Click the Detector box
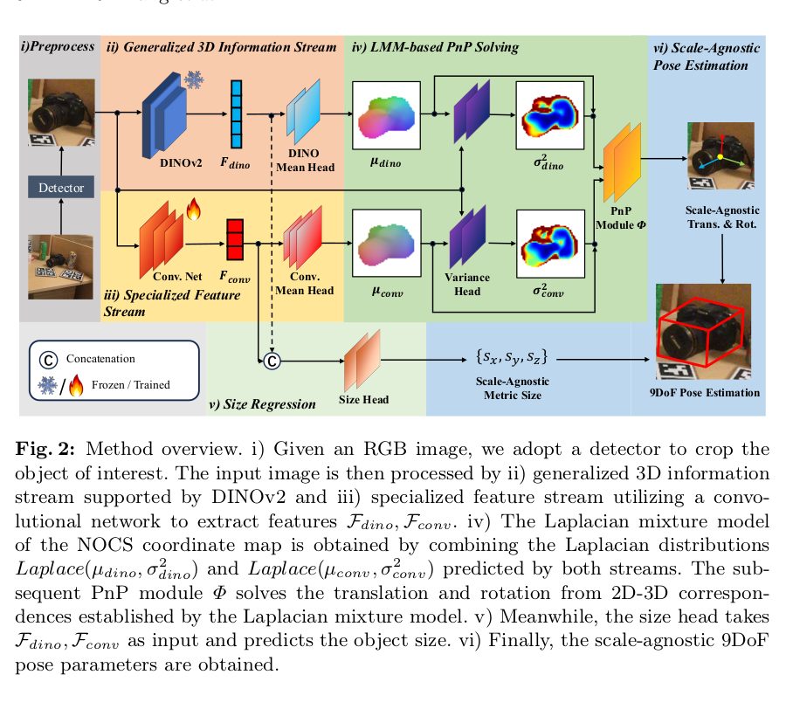point(61,188)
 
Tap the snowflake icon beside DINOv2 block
point(194,79)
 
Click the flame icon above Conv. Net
point(194,209)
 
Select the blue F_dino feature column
point(236,114)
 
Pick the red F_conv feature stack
point(235,239)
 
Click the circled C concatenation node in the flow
point(272,361)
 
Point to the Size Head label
point(363,399)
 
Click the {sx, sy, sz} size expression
point(512,357)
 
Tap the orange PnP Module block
point(622,162)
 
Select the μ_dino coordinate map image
point(387,115)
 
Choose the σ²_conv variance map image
point(550,244)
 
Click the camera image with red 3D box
point(704,332)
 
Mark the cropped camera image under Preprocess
point(61,113)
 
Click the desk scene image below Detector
point(60,267)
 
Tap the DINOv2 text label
point(181,162)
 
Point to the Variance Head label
point(467,284)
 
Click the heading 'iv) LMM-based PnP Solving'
point(435,47)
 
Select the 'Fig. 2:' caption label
point(45,449)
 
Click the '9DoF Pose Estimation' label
point(705,392)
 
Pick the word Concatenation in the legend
point(100,359)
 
